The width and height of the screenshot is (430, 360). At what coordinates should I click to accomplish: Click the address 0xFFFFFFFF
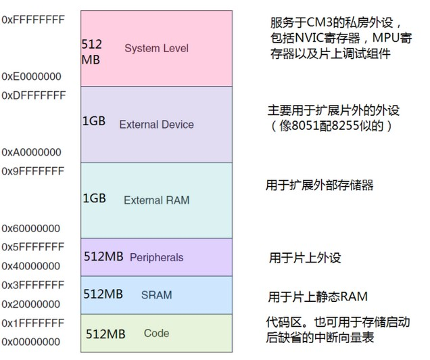[33, 20]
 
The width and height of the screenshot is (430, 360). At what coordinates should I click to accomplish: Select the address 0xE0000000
[33, 76]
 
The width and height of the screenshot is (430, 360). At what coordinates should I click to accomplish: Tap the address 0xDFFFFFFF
[34, 95]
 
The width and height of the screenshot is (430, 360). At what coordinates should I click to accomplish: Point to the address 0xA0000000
[33, 152]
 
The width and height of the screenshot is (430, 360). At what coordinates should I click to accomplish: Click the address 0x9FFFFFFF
[33, 171]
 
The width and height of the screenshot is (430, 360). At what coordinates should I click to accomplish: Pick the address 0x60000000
[33, 228]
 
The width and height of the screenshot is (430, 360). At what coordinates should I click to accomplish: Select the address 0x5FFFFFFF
[33, 246]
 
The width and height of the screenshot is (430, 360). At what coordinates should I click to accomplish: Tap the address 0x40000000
[33, 266]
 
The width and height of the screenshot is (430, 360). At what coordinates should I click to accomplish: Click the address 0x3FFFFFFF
[33, 284]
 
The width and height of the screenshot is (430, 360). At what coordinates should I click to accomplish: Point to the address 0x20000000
[33, 304]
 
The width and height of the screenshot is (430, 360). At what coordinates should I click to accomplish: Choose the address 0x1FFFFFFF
[33, 323]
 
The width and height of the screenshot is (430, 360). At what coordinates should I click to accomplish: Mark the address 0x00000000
[33, 342]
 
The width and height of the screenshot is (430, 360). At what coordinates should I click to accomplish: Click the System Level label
[156, 48]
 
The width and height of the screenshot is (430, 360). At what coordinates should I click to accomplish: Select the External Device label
[156, 125]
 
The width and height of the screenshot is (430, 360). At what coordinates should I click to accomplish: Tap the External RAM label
[156, 200]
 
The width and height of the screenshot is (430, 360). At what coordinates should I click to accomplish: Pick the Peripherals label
[156, 258]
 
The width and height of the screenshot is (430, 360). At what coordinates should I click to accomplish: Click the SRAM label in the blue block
[156, 295]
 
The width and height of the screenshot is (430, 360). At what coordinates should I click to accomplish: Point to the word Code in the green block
[156, 334]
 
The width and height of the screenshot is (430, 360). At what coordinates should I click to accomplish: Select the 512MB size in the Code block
[105, 334]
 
